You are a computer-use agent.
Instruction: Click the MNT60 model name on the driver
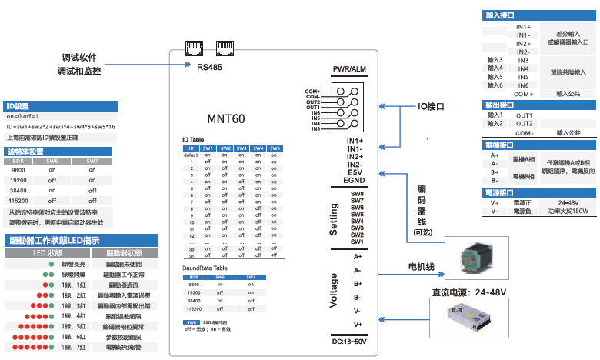[x=226, y=119]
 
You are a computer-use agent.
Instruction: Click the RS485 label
[x=209, y=68]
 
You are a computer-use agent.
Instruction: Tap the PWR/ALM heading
[x=348, y=70]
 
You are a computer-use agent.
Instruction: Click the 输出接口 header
[x=500, y=105]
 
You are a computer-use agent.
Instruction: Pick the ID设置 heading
[x=17, y=106]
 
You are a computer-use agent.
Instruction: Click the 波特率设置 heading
[x=25, y=152]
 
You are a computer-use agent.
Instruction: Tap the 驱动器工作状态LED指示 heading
[x=52, y=240]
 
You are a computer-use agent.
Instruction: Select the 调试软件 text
[x=80, y=58]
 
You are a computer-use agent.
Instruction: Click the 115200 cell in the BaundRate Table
[x=194, y=308]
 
